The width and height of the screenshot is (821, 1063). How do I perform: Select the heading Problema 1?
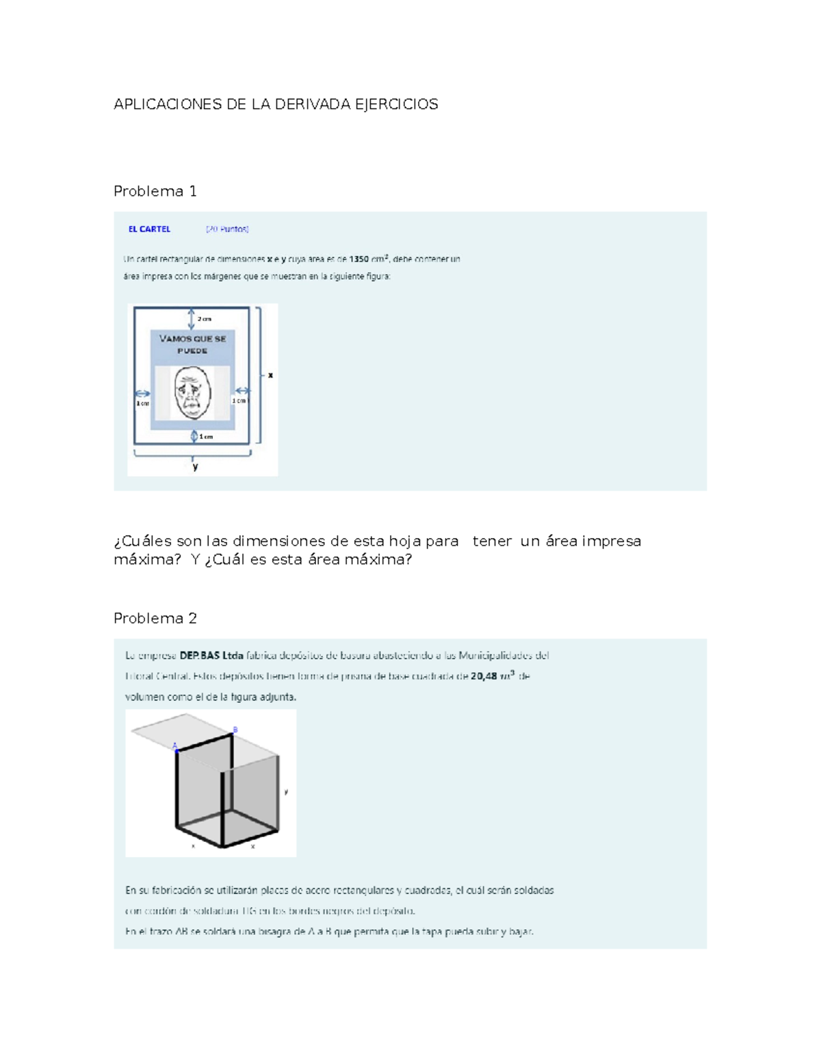[155, 191]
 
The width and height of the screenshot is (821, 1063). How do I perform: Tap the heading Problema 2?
[155, 618]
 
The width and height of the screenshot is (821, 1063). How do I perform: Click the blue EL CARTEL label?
[149, 229]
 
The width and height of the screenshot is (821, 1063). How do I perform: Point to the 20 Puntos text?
[227, 229]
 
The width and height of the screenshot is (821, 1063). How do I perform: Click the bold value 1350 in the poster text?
[359, 259]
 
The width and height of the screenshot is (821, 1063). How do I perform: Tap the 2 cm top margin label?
[205, 319]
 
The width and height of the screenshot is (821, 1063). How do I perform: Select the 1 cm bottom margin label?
[206, 437]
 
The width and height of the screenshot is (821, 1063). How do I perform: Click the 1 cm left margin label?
[142, 404]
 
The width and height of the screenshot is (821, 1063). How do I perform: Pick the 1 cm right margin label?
[239, 401]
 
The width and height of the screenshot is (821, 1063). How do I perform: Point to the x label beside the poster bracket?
[270, 375]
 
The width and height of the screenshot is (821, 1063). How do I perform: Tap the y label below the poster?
[195, 467]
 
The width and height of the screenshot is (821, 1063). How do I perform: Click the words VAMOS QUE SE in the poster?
[192, 338]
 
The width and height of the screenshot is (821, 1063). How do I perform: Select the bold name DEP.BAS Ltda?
[211, 656]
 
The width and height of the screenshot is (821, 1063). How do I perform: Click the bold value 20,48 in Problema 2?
[484, 676]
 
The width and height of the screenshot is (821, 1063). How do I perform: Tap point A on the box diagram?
[174, 746]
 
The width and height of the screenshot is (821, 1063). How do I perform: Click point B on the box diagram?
[235, 730]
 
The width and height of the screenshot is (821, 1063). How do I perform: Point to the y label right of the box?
[286, 791]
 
